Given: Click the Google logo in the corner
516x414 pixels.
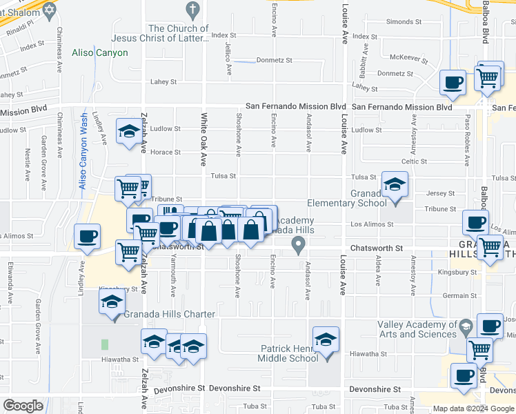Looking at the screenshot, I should point(23,406).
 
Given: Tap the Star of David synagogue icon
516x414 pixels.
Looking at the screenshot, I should point(48,10).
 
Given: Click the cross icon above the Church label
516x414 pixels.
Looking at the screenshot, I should point(192,10).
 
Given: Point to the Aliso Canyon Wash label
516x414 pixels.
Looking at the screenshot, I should point(83,151).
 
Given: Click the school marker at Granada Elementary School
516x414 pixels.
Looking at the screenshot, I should point(395,186).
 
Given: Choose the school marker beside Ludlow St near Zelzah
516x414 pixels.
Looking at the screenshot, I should point(129,133).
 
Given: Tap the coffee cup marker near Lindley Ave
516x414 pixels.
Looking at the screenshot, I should point(87,237).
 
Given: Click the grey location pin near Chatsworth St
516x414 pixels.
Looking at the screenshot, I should point(298,244).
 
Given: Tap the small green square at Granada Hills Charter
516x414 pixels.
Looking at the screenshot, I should point(105,344).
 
